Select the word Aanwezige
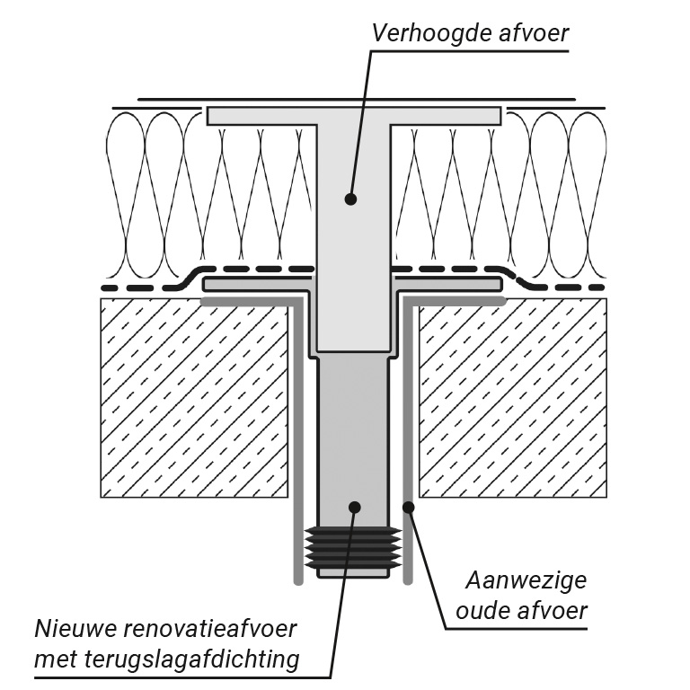click(x=527, y=579)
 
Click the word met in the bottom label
click(x=53, y=660)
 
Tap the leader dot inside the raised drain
click(x=350, y=199)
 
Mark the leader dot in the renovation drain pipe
click(x=355, y=507)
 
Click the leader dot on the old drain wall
click(x=408, y=507)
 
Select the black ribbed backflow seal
click(x=353, y=545)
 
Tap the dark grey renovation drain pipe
click(x=353, y=431)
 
